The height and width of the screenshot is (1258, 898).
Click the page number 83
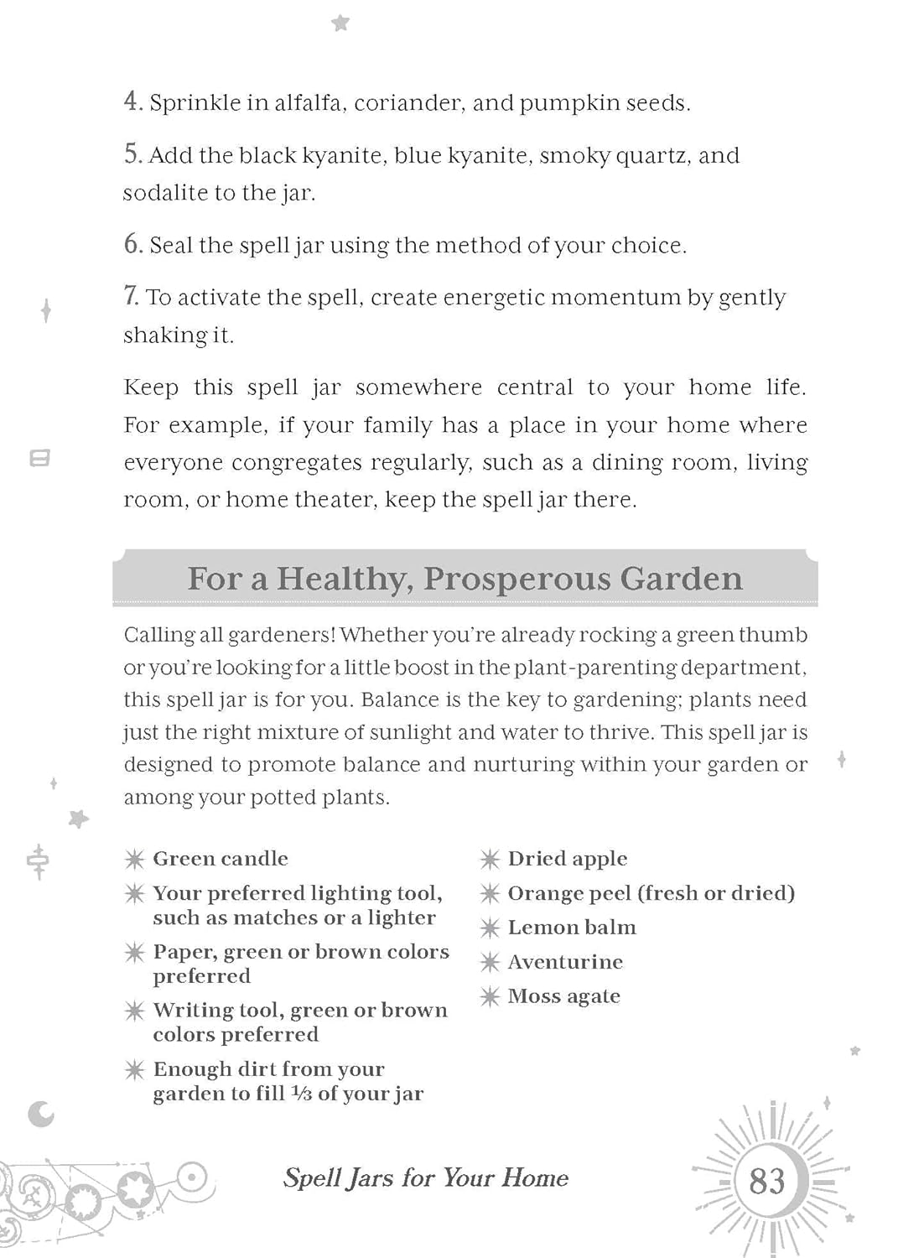(x=766, y=1181)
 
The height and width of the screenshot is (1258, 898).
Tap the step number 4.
(x=132, y=101)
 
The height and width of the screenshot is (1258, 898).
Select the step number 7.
(x=131, y=296)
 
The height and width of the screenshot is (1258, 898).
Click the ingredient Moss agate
(x=563, y=996)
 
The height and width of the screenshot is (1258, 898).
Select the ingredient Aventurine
(x=565, y=962)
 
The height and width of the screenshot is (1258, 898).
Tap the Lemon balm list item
(x=572, y=928)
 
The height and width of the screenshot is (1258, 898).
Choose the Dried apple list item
(x=567, y=859)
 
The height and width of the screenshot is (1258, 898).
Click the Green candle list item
(x=220, y=859)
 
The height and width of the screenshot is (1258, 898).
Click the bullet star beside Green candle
(x=134, y=859)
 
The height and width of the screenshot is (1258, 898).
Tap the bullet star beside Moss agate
(x=490, y=996)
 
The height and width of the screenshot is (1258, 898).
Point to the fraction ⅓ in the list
(x=301, y=1094)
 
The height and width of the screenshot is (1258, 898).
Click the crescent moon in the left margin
(x=40, y=1114)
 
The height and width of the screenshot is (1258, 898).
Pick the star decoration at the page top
(x=340, y=23)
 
